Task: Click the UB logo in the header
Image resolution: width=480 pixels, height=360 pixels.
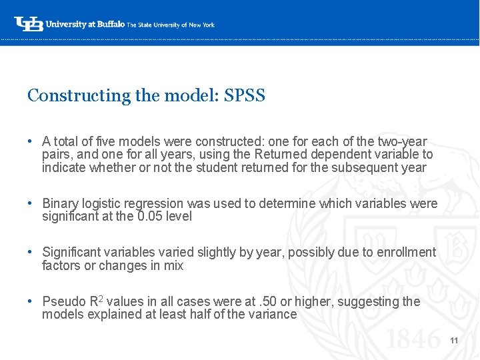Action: (29, 24)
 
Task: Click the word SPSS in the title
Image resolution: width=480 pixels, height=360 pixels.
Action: (245, 96)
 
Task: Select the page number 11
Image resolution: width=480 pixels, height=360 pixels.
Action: (454, 341)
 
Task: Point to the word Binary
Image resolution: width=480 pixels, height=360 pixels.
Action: (61, 204)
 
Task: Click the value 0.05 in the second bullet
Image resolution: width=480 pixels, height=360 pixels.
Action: (152, 217)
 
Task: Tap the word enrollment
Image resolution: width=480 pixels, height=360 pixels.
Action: (405, 253)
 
